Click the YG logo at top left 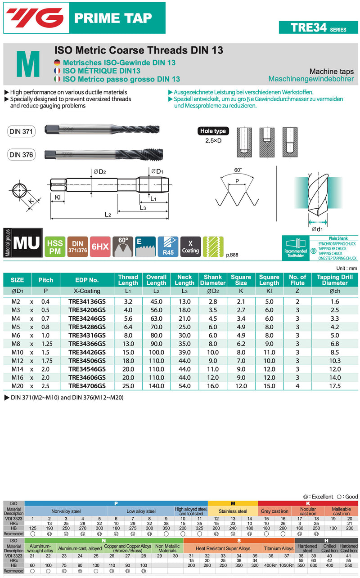[x=35, y=18]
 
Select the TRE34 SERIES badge [x=318, y=27]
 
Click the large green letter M [x=28, y=65]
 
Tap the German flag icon [x=57, y=63]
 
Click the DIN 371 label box [x=21, y=131]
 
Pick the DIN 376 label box [x=21, y=155]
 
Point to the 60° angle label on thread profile [x=238, y=170]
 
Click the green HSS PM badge [x=55, y=247]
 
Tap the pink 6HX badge [x=100, y=247]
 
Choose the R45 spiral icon [x=168, y=247]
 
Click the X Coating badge [x=190, y=247]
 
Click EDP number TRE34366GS [x=87, y=343]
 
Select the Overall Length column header [x=156, y=280]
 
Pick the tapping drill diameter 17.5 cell [x=335, y=386]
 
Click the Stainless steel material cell [x=233, y=511]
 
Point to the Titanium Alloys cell [x=279, y=548]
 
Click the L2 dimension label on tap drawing [x=108, y=215]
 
